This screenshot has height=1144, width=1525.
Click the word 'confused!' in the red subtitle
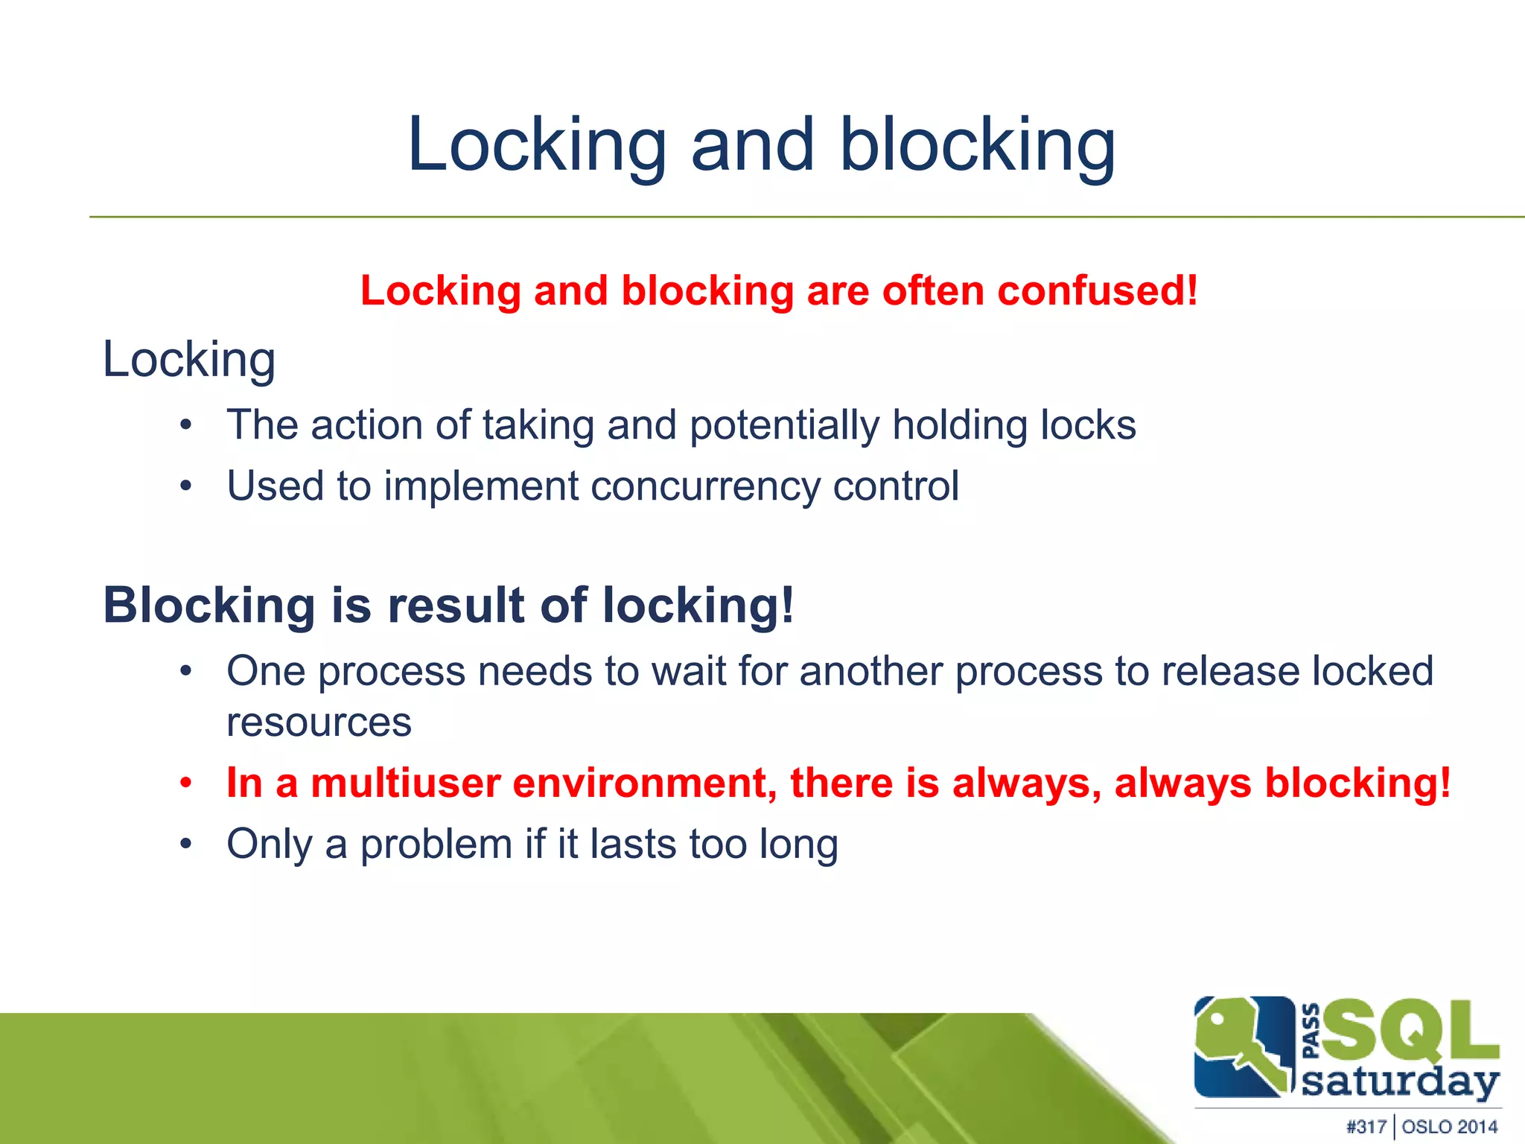(x=1098, y=290)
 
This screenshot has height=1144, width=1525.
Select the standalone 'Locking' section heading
(x=189, y=360)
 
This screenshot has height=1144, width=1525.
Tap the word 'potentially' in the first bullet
(x=784, y=426)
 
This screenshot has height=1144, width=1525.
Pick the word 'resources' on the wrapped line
(x=319, y=722)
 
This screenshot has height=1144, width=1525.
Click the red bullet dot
(x=186, y=784)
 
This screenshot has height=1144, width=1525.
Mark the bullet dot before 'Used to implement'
(x=186, y=487)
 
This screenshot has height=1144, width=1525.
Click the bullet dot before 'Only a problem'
(x=186, y=845)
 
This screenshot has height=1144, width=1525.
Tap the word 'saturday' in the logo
(x=1400, y=1081)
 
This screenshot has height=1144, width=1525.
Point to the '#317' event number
(x=1366, y=1127)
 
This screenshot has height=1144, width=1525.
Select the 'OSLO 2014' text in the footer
(x=1450, y=1127)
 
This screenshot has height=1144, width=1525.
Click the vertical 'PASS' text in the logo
(x=1311, y=1031)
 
